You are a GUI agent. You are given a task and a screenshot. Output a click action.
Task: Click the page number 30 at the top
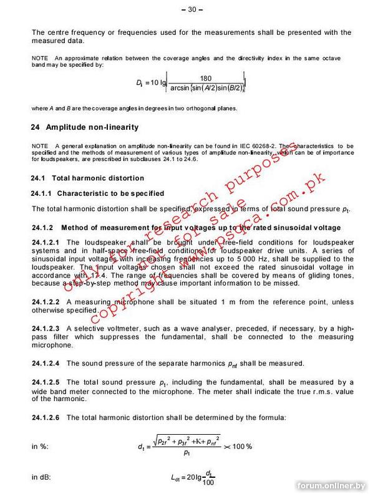coord(188,9)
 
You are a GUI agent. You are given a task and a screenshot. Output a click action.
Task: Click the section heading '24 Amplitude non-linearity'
coord(85,127)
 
